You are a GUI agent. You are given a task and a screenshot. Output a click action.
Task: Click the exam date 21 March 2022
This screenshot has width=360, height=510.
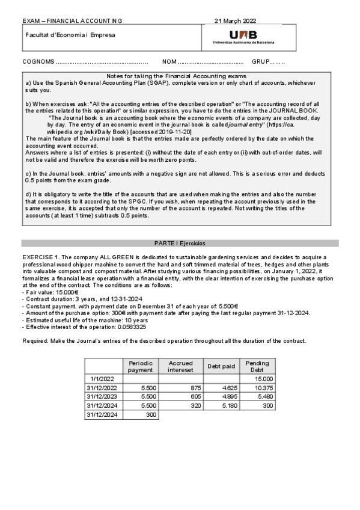coord(235,21)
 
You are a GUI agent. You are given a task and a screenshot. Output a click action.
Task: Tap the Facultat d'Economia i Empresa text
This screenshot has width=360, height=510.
coord(70,34)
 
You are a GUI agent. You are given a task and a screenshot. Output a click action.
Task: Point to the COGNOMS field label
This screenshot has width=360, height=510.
coord(37,61)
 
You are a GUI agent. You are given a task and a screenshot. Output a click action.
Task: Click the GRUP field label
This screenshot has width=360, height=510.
coord(260,61)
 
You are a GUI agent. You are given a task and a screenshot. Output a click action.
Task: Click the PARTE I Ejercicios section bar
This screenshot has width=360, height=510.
coord(180,244)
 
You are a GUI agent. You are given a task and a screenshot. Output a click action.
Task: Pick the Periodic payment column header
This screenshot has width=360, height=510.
coord(141,366)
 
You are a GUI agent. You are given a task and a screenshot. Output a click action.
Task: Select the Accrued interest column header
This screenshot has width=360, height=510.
coord(180,366)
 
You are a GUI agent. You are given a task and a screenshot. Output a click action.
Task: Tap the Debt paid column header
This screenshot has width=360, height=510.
coord(221,366)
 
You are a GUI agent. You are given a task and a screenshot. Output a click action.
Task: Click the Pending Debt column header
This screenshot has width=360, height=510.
coord(257,366)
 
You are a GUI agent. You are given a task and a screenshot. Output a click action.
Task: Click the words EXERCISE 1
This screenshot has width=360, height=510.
coord(40,256)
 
